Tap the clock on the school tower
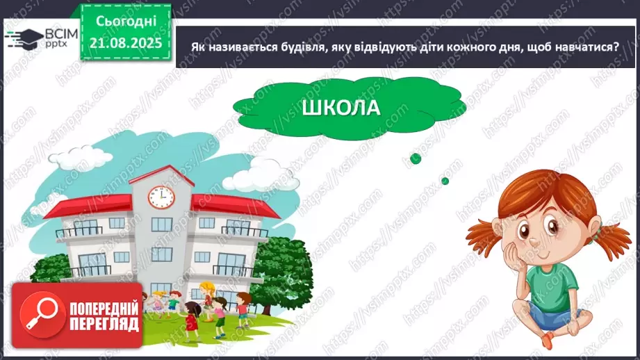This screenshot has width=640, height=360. pyautogui.click(x=160, y=197)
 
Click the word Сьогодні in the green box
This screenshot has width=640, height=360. pyautogui.click(x=126, y=24)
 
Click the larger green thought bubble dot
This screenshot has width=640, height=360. pyautogui.click(x=416, y=158)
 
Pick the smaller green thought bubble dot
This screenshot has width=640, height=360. pyautogui.click(x=445, y=181)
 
